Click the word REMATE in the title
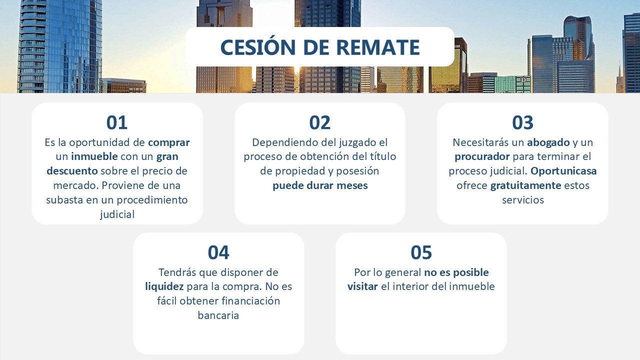[378, 47]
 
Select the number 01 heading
[117, 123]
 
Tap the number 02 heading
[319, 123]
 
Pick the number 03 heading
[522, 123]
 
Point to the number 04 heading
[218, 252]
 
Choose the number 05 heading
[421, 252]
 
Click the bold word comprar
[169, 143]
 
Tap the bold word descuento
[72, 171]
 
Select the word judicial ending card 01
[117, 214]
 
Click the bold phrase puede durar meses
[320, 186]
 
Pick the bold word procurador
[482, 157]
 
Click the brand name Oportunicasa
[563, 171]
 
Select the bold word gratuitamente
[525, 185]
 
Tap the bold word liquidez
[164, 286]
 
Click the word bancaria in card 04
[218, 315]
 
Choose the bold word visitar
[362, 286]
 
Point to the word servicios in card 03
[523, 199]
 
